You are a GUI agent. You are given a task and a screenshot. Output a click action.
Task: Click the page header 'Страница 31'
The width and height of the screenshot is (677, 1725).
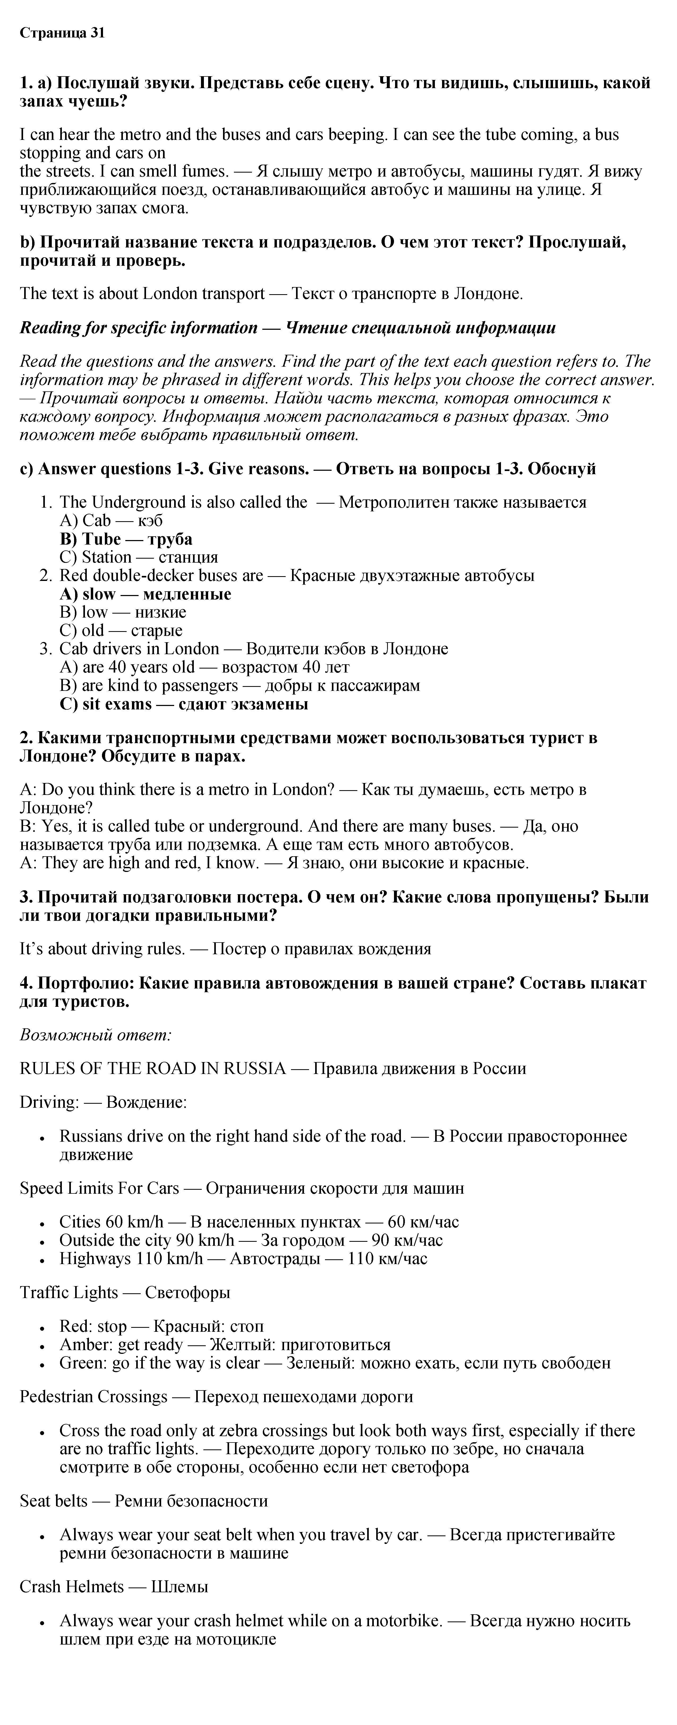pos(62,33)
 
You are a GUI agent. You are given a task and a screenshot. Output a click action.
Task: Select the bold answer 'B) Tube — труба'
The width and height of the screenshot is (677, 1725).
pos(126,539)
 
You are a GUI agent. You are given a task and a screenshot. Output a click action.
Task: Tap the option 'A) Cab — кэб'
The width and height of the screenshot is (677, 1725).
pos(111,520)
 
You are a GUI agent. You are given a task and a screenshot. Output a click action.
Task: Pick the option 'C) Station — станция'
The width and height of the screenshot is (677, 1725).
pos(139,557)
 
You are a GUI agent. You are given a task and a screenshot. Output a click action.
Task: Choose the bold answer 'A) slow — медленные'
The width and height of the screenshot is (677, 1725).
pos(145,594)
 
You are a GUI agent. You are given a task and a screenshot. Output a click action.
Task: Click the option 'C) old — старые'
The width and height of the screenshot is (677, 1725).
pos(121,630)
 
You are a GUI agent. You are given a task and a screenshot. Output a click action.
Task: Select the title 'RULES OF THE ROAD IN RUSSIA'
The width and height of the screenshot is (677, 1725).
pos(153,1068)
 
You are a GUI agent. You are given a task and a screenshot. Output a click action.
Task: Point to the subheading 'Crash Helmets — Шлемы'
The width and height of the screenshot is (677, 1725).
pos(114,1586)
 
